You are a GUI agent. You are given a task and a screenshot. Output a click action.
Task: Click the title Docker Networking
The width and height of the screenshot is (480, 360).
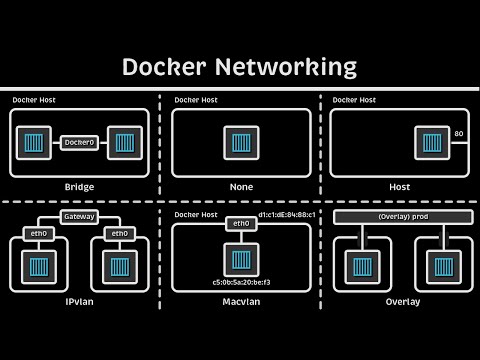(239, 67)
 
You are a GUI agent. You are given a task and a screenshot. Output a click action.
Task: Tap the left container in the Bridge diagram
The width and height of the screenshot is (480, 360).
(34, 142)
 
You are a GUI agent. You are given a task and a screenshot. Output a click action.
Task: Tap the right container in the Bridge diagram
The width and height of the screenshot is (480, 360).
(124, 142)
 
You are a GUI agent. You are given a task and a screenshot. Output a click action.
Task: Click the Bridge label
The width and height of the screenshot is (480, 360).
(79, 187)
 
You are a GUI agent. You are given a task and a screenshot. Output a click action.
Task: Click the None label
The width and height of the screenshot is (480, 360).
(239, 187)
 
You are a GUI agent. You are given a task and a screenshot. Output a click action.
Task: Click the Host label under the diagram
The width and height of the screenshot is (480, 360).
(399, 187)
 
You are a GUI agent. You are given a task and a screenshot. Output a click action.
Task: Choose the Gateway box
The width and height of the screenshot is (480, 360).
(79, 216)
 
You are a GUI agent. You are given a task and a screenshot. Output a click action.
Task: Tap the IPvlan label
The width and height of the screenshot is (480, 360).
(79, 300)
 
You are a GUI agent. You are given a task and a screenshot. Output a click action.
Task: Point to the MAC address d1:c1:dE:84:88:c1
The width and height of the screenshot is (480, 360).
(287, 214)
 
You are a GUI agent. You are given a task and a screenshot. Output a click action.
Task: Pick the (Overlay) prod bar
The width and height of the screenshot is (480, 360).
(399, 217)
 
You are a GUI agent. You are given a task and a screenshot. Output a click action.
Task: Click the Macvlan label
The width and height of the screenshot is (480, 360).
(239, 300)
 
